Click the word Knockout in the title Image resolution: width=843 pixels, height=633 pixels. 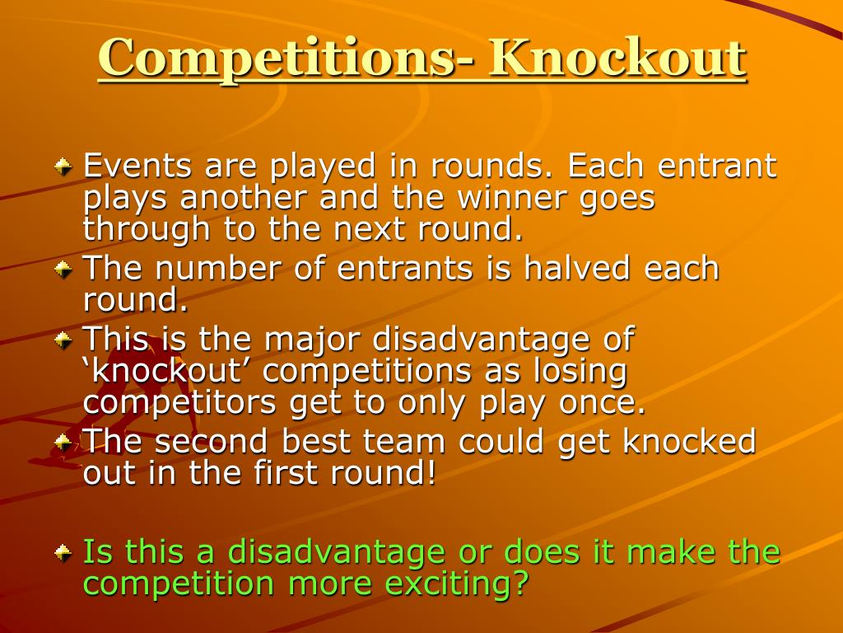617,58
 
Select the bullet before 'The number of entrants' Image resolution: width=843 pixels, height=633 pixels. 63,270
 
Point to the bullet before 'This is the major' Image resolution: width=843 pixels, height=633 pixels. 63,339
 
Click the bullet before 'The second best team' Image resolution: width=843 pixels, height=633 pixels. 63,443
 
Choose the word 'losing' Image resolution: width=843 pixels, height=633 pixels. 578,371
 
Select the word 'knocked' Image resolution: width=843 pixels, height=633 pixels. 689,442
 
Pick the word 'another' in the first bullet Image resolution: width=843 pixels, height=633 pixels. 245,198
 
